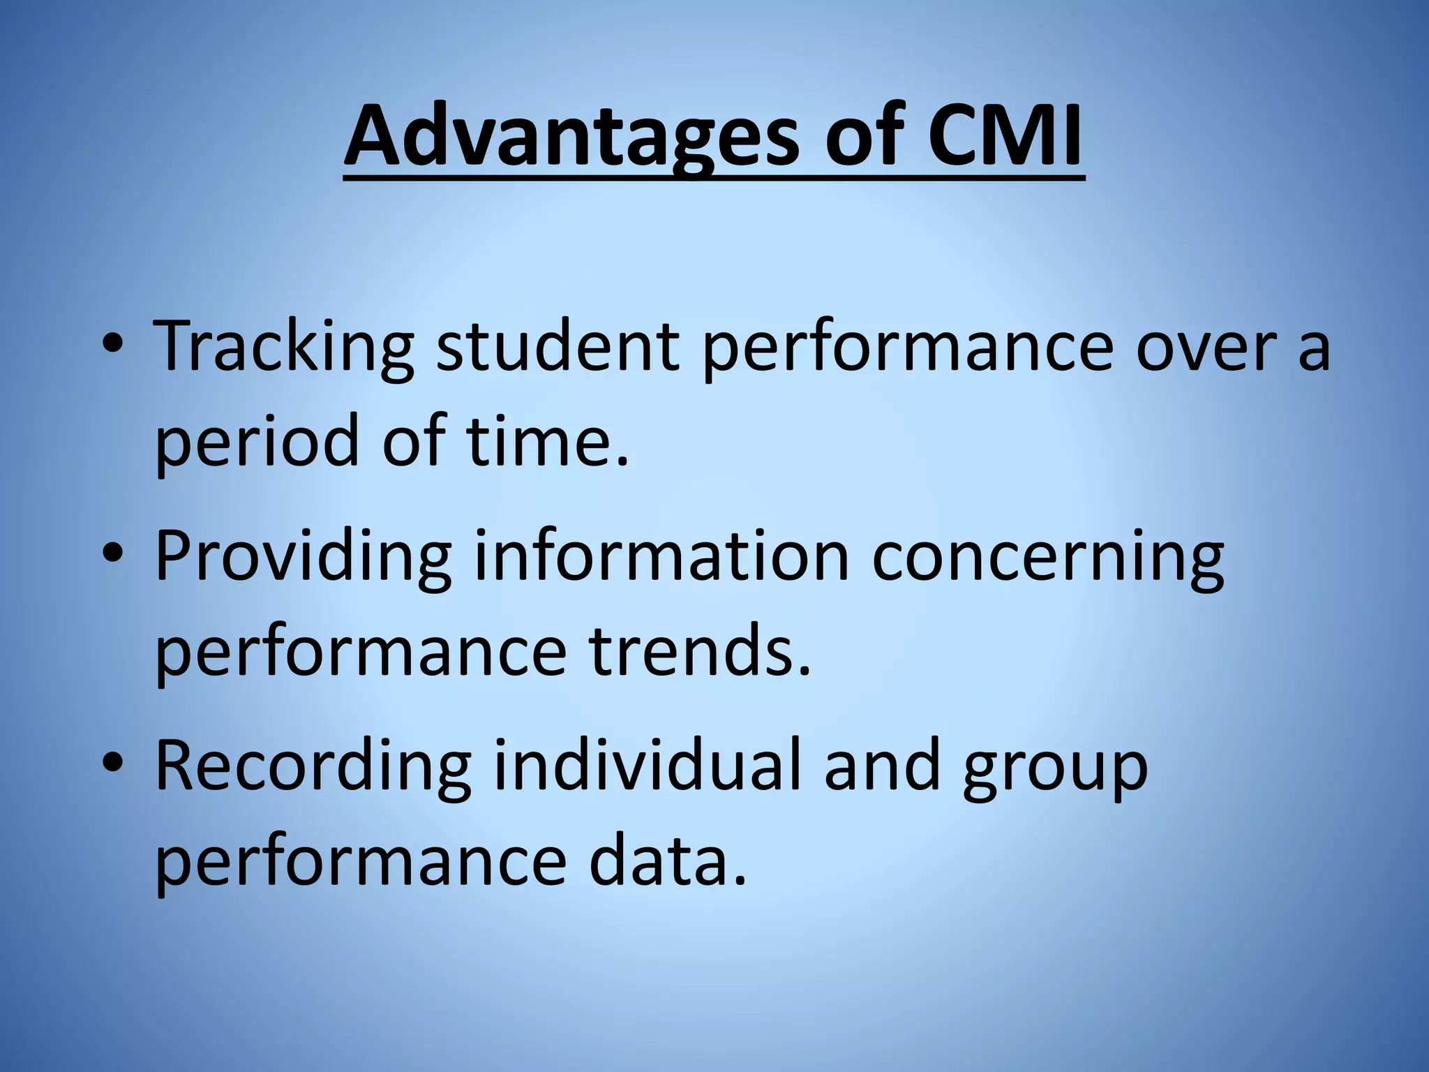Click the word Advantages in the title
click(571, 136)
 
